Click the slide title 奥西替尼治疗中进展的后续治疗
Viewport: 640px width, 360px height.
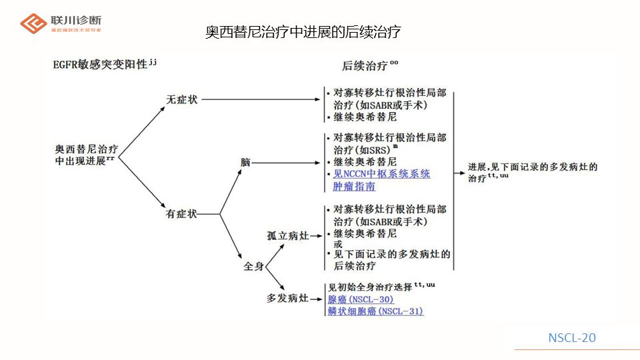coord(303,32)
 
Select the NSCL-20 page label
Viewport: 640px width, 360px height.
coord(571,338)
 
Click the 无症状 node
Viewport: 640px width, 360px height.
coord(181,100)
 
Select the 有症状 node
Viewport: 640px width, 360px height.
coord(181,214)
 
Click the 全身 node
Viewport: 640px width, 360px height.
coord(253,266)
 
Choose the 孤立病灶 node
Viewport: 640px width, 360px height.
coord(287,235)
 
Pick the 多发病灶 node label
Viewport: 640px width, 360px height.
coord(287,298)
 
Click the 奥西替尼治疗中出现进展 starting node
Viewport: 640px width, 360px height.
coord(87,155)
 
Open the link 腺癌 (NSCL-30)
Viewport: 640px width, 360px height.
coord(360,299)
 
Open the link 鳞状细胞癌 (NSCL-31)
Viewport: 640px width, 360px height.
coord(375,311)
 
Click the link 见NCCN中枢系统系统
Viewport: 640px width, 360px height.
coord(381,174)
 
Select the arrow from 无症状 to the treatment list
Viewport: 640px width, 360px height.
coord(260,100)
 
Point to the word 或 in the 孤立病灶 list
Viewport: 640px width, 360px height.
coord(338,244)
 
